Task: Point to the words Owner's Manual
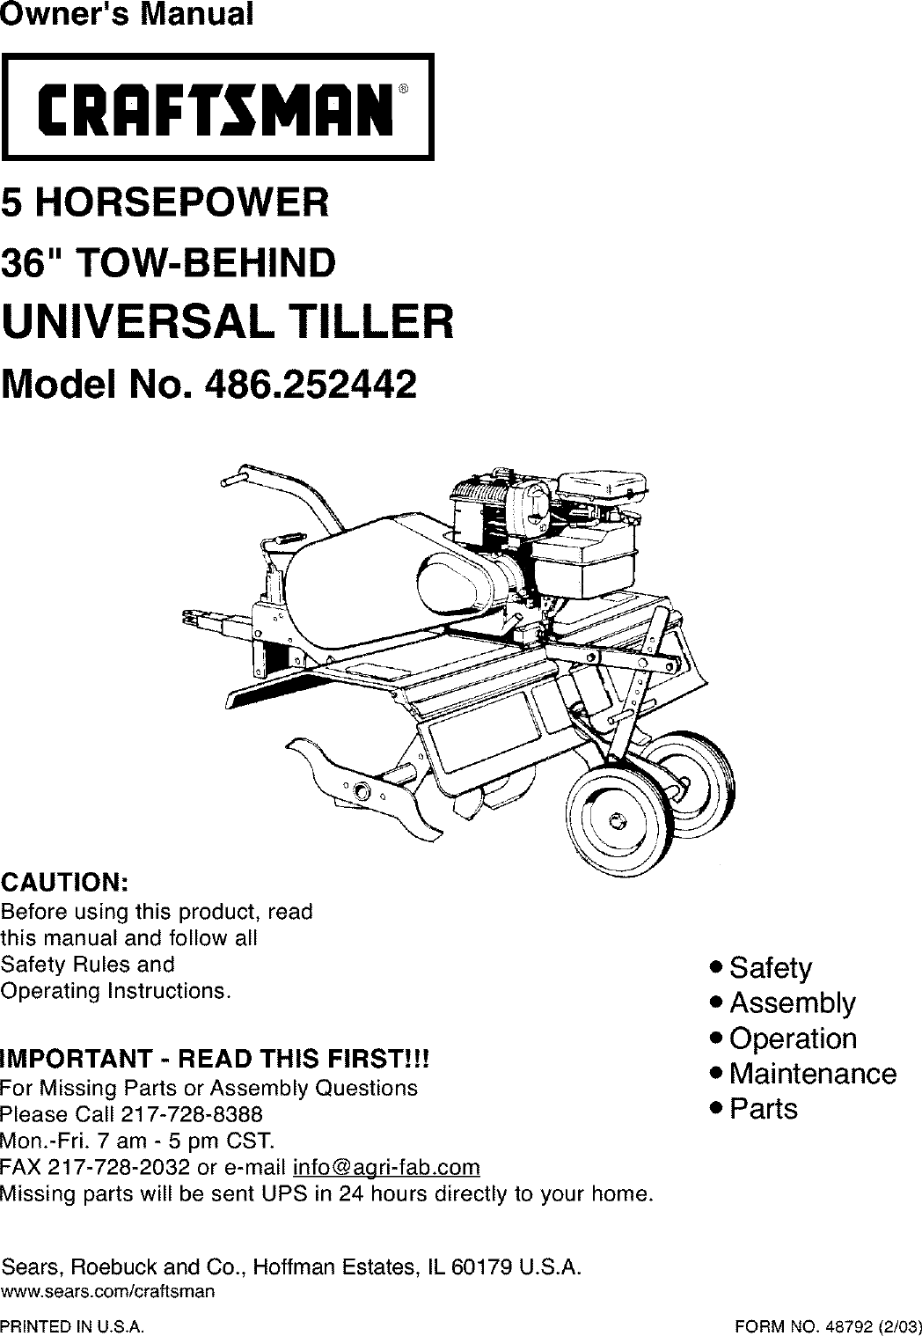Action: (125, 16)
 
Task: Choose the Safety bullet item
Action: (771, 968)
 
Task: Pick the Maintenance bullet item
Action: (813, 1074)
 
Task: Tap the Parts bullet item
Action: (764, 1109)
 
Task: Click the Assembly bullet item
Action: (792, 1003)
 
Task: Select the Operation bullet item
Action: (793, 1039)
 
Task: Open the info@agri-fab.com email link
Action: (386, 1168)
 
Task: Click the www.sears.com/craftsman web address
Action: (108, 1292)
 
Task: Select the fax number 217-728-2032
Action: (116, 1168)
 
